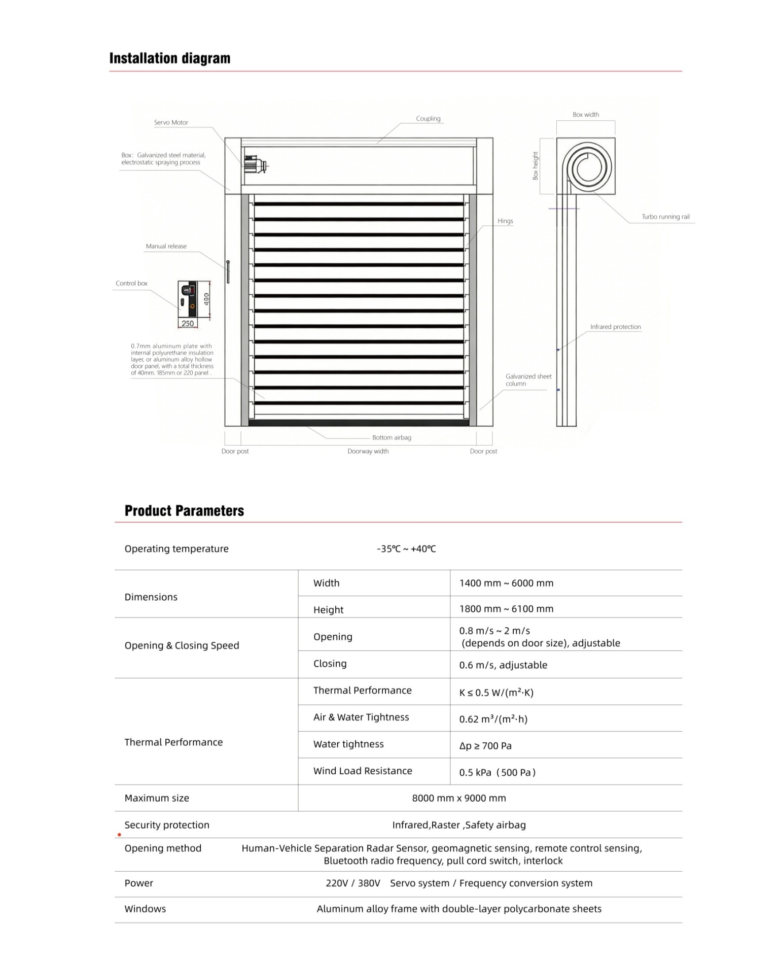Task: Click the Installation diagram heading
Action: (169, 58)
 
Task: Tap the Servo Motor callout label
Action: (171, 122)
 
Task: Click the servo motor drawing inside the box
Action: (255, 165)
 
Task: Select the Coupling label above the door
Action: (428, 119)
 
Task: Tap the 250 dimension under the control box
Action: (188, 323)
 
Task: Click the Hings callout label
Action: (505, 221)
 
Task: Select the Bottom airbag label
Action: (392, 437)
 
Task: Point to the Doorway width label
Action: (368, 451)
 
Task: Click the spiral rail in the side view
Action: (587, 167)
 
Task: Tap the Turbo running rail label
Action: (665, 217)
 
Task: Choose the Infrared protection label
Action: (615, 327)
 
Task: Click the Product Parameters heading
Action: (184, 510)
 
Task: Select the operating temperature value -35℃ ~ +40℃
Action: (406, 548)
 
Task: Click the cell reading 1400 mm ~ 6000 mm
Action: (506, 583)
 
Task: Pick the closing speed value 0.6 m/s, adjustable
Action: (503, 665)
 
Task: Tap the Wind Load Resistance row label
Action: (363, 771)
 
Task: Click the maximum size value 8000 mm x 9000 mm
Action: (459, 798)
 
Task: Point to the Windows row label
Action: (145, 909)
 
